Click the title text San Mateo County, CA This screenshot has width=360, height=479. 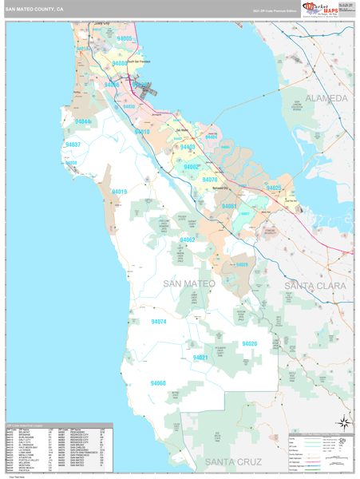[x=35, y=10]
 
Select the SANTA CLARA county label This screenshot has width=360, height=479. [x=316, y=285]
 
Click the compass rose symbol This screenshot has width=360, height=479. [x=342, y=422]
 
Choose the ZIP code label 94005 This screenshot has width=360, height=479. [x=125, y=38]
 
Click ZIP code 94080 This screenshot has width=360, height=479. [x=120, y=63]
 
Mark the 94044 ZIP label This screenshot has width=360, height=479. [x=83, y=121]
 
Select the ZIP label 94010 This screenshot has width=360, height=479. [x=152, y=132]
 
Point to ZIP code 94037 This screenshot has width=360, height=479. [x=73, y=144]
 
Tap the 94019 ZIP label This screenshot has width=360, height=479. [x=119, y=192]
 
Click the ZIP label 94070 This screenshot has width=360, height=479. [x=209, y=180]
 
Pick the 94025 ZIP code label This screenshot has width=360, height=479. [x=273, y=188]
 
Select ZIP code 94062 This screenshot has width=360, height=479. [x=188, y=239]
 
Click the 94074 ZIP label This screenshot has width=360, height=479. [x=159, y=321]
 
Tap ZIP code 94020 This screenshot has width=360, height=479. [x=249, y=343]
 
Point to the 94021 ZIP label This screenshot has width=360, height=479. [x=200, y=358]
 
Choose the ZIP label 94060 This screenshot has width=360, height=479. [x=158, y=383]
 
